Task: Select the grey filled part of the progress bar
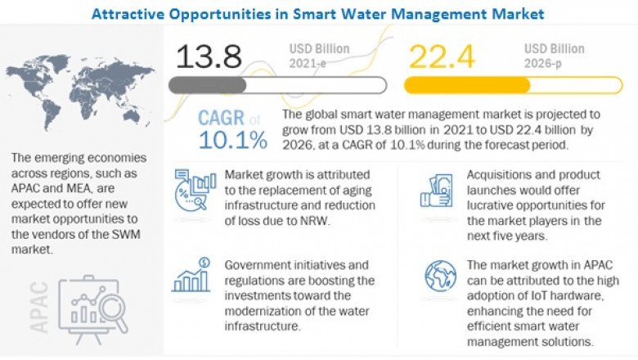coord(208,84)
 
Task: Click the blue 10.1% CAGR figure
coord(231,141)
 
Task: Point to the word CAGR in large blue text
coord(221,117)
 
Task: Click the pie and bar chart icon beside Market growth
coord(195,196)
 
